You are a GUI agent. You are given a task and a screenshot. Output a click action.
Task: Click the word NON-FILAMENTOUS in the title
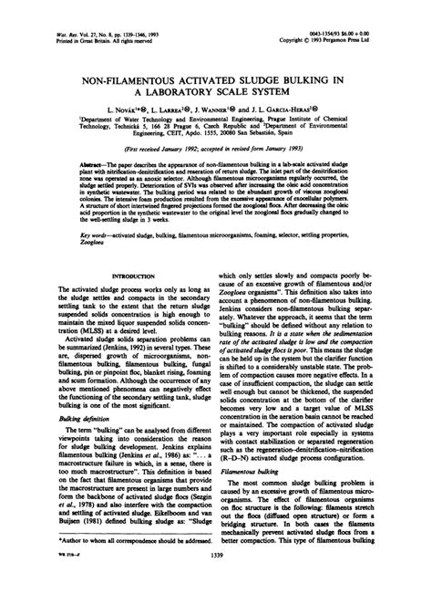tap(127, 81)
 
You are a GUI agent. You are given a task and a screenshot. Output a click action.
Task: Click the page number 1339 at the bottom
tap(216, 578)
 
